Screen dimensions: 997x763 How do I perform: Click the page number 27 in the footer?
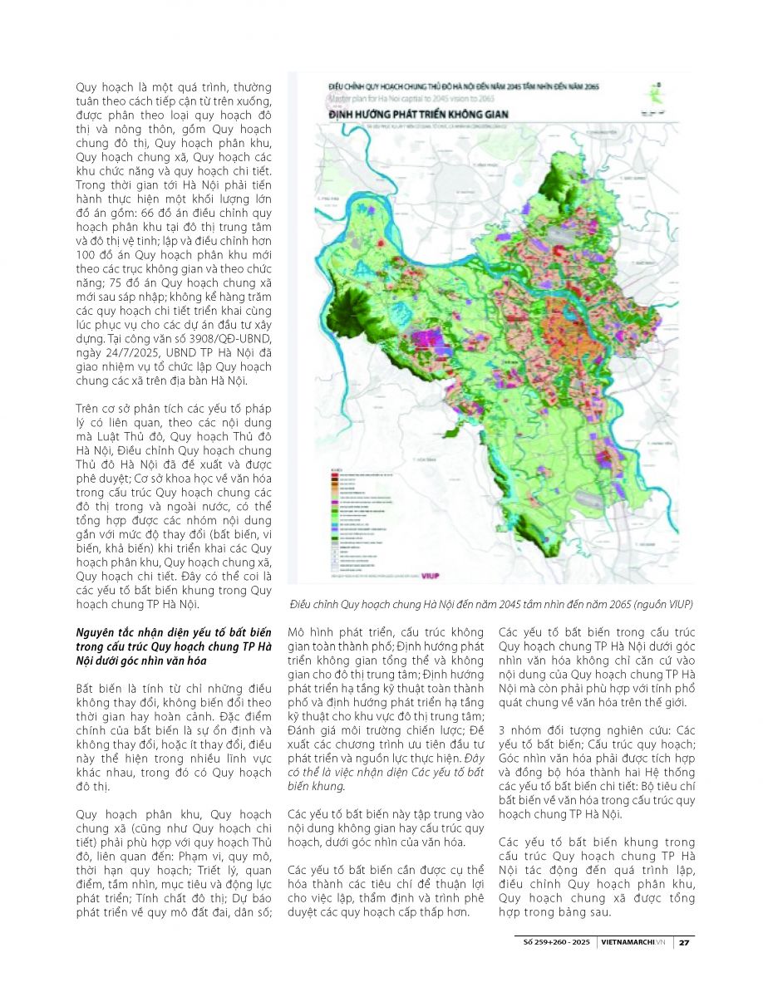click(684, 943)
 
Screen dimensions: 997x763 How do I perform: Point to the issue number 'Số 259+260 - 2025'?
click(554, 943)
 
